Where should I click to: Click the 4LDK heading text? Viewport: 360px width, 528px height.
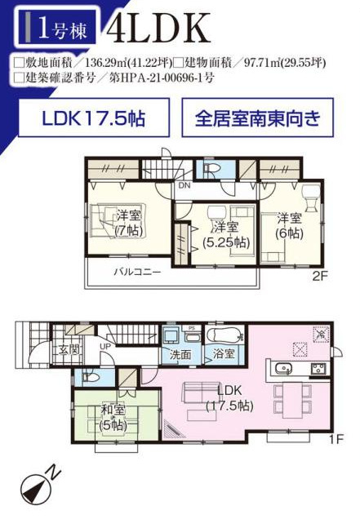[x=158, y=28]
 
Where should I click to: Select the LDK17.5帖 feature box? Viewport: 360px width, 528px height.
[x=94, y=118]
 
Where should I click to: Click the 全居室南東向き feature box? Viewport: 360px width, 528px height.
[x=258, y=118]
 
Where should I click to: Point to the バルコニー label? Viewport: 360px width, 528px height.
[x=137, y=272]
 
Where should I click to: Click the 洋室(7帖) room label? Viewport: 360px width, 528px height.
[x=129, y=223]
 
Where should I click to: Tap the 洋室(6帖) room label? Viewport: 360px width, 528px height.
[x=289, y=225]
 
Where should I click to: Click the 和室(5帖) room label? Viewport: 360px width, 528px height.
[x=113, y=418]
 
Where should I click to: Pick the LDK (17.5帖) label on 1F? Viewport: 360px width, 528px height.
[x=229, y=397]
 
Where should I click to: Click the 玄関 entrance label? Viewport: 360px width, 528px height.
[x=69, y=349]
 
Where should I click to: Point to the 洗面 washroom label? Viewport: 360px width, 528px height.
[x=180, y=354]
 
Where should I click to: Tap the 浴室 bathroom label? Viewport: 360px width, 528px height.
[x=224, y=353]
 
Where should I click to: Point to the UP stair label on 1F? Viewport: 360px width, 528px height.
[x=105, y=345]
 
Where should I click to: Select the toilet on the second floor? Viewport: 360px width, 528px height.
[x=211, y=168]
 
